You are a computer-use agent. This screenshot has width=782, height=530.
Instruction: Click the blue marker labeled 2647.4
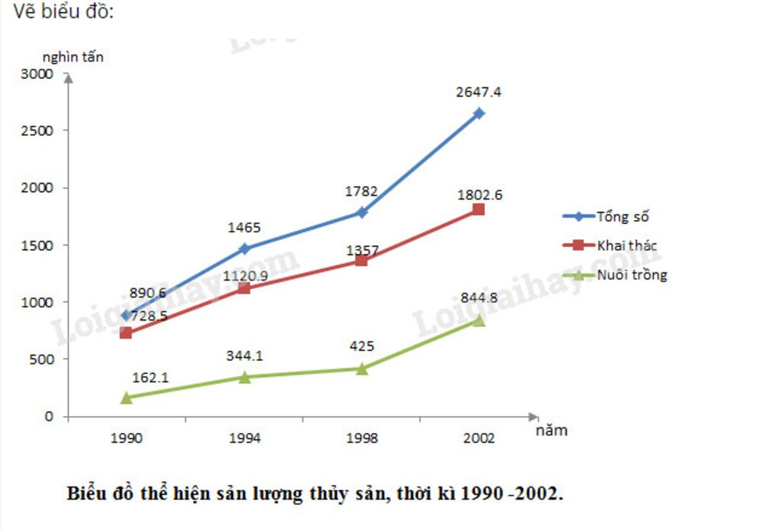point(479,113)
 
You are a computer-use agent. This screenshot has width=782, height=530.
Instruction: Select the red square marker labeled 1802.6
point(479,209)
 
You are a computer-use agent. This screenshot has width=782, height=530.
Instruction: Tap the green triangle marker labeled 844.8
point(479,320)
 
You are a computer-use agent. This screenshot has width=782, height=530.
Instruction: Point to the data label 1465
point(244,227)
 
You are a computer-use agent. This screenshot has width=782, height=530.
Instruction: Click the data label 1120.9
point(244,275)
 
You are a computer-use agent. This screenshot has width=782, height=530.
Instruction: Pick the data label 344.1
point(244,355)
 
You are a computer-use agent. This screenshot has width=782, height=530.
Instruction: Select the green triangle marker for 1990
point(126,397)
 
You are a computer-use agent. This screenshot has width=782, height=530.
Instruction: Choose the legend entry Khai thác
point(626,245)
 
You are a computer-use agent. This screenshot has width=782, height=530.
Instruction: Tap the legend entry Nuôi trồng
point(632,275)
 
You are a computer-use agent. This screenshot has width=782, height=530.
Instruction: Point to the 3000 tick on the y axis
point(38,74)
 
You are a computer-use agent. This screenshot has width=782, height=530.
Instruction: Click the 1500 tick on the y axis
point(38,245)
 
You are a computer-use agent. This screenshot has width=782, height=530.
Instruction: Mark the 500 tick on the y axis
point(43,359)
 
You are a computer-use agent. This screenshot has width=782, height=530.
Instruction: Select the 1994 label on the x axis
point(244,438)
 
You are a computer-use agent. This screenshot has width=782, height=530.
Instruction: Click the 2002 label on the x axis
point(479,438)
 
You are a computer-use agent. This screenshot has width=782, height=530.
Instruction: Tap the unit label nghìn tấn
point(73,57)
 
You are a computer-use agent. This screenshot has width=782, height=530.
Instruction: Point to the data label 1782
point(361,191)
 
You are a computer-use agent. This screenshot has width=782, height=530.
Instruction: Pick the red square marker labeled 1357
point(361,261)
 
